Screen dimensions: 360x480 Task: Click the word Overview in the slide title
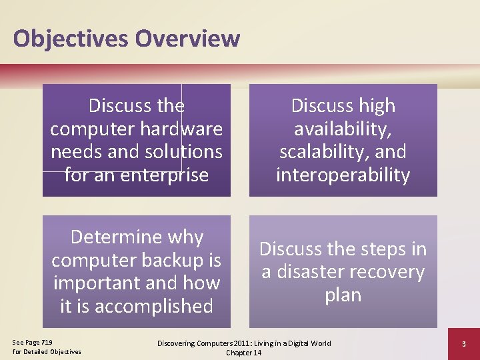187,38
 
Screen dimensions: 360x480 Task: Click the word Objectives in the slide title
71,38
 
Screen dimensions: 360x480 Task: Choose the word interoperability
343,175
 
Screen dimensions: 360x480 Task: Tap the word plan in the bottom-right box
343,295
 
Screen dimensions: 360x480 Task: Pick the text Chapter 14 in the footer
243,353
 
